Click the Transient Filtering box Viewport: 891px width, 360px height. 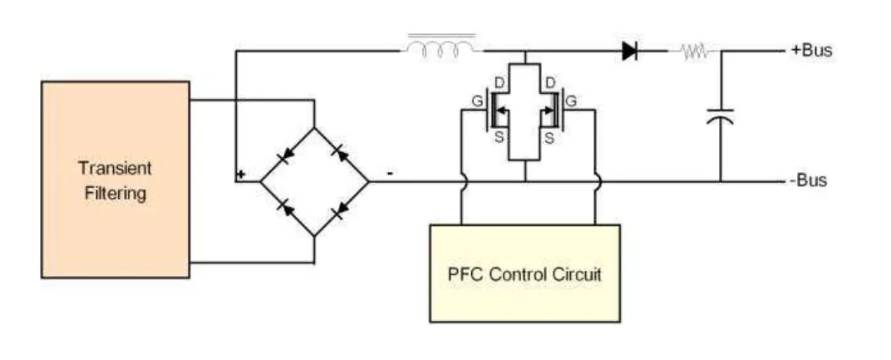(116, 180)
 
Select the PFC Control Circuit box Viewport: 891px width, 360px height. (524, 273)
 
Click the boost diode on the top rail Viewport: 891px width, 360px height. (629, 51)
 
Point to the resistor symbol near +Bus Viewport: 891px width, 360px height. (695, 52)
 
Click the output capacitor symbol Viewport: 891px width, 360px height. (721, 116)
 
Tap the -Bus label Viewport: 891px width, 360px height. (807, 180)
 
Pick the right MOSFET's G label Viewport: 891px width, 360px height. (572, 101)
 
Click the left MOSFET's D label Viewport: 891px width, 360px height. (499, 83)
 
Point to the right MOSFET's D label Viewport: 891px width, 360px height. (549, 83)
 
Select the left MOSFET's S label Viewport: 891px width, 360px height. (499, 138)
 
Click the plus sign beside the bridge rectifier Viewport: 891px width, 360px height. (241, 175)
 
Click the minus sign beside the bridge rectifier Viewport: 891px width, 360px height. (389, 175)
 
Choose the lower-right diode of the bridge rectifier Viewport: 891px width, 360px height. (340, 210)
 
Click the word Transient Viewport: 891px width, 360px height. (116, 168)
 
